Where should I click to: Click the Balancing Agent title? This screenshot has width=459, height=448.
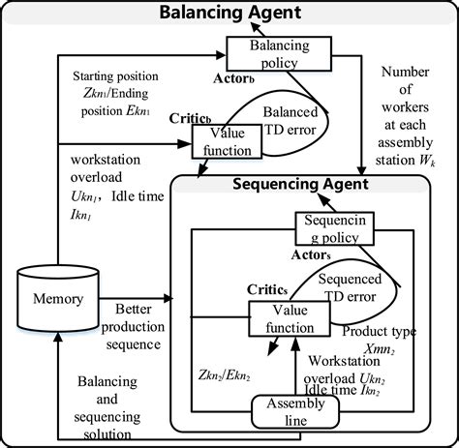pos(230,13)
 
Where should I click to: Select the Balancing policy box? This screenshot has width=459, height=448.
pos(279,54)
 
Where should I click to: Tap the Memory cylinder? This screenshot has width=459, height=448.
pos(58,299)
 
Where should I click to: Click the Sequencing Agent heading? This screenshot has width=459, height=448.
pos(300,184)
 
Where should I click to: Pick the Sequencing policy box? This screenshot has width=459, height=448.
pos(335,228)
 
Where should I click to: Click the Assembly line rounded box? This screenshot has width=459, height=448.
pos(295,412)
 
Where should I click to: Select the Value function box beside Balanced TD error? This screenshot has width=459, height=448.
pos(227,141)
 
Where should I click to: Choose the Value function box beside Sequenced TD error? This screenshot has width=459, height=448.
pos(290,318)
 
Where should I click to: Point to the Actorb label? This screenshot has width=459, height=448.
pos(233,78)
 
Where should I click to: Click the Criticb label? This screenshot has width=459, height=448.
pos(190,119)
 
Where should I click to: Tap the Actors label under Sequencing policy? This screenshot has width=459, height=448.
pos(311,255)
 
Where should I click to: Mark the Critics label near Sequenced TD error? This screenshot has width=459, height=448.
pos(267,289)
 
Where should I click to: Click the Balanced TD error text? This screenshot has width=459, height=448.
pos(291,121)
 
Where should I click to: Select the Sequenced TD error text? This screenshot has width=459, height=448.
pos(350,287)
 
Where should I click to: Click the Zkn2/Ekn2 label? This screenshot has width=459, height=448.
pos(225,375)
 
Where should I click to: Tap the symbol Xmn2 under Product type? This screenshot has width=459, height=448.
pos(380,349)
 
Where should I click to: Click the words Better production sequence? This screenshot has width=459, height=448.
pos(133,327)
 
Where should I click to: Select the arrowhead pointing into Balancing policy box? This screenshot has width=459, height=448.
pos(221,55)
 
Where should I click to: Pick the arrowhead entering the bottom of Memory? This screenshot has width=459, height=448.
pos(58,338)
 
